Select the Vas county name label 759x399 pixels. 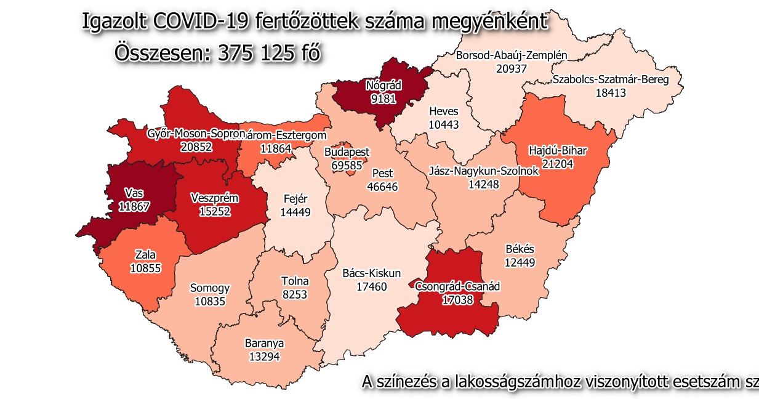(x=134, y=193)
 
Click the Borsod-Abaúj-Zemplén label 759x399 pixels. (x=511, y=56)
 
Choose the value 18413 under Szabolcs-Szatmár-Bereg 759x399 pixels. (x=609, y=92)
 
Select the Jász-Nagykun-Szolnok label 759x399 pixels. (x=483, y=171)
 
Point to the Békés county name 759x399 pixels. (x=519, y=249)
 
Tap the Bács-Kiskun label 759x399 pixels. (x=371, y=273)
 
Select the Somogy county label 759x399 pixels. (x=209, y=288)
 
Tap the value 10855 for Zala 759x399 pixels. (x=146, y=268)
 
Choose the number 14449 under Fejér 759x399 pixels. (x=295, y=212)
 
